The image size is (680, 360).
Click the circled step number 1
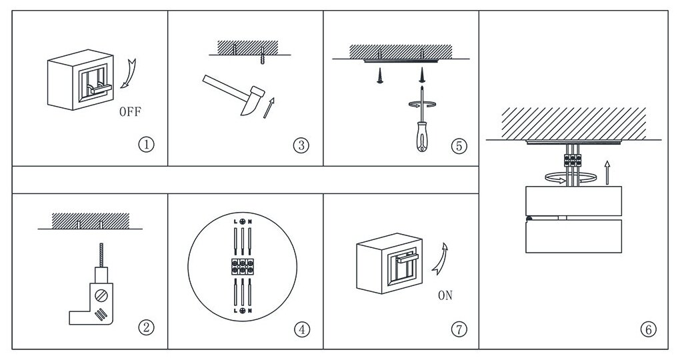point(147,144)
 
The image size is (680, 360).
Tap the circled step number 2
point(147,327)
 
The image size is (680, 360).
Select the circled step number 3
point(301,145)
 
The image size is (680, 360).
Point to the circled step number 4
point(302,329)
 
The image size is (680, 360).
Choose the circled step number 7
point(459,328)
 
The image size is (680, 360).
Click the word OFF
point(130,111)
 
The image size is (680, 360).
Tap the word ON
point(445,296)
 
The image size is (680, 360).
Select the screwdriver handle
point(422,136)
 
